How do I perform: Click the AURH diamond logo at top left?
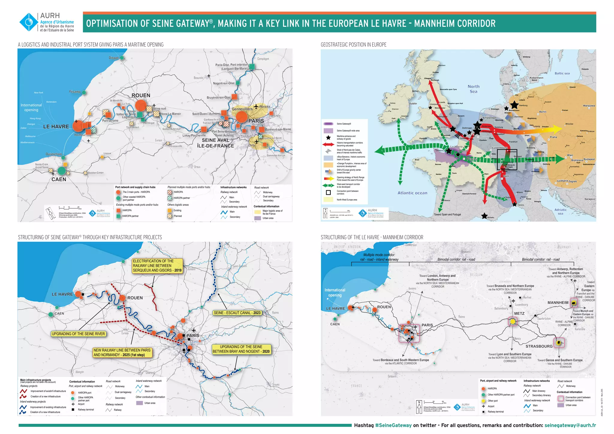pos(29,22)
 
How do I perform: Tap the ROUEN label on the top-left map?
pos(141,95)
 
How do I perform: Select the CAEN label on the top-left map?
pos(59,179)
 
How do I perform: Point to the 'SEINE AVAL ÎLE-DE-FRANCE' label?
pos(215,143)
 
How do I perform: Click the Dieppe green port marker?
pos(122,58)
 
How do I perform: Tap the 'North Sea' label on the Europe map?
pos(473,89)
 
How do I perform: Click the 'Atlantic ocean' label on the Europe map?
pos(412,193)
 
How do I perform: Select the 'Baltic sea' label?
pos(562,73)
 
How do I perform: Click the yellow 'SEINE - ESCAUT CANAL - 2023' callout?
pos(237,313)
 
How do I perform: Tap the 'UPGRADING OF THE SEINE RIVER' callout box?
pos(78,334)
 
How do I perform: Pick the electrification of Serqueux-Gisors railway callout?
pos(157,266)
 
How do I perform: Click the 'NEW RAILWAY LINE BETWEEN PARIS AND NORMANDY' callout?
pos(122,352)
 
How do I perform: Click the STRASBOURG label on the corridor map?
pos(539,346)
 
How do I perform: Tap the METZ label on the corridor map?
pos(519,314)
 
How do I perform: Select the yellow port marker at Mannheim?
pos(574,303)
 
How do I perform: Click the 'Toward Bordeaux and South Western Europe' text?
pos(401,361)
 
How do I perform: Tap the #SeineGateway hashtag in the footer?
pos(393,425)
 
